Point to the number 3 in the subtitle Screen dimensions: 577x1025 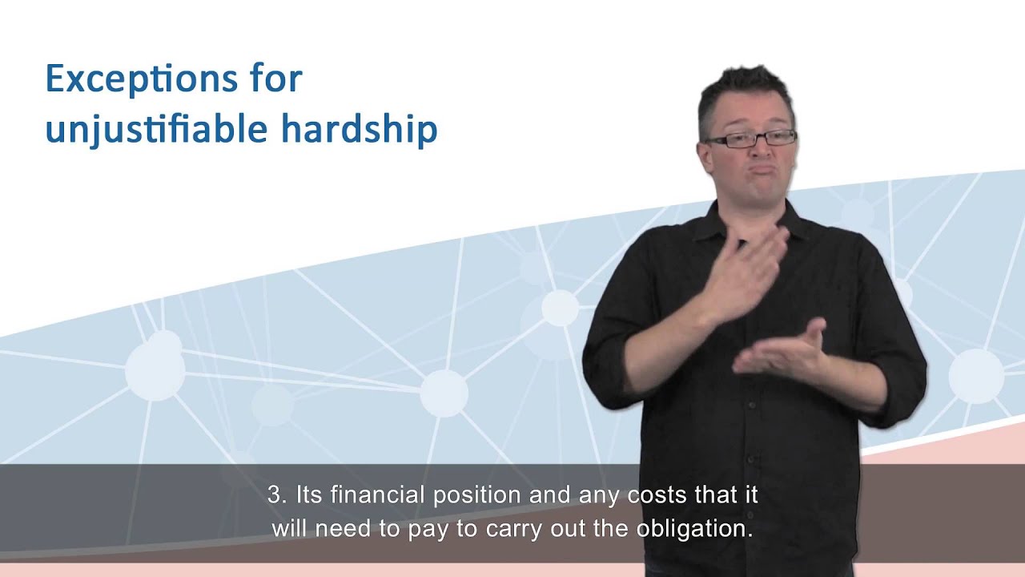(x=275, y=495)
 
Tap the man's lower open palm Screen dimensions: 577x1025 (x=781, y=357)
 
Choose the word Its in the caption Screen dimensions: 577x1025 (x=308, y=495)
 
